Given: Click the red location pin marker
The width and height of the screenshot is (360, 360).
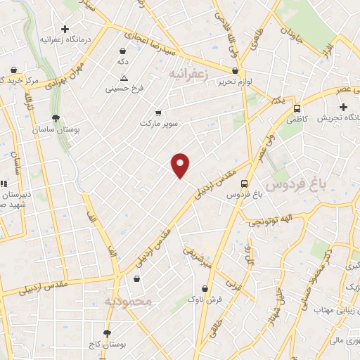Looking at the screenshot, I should click(x=181, y=165).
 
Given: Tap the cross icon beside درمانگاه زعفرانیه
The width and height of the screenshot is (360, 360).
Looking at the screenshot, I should click(x=65, y=30).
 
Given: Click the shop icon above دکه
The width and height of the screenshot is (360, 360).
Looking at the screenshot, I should click(x=123, y=51).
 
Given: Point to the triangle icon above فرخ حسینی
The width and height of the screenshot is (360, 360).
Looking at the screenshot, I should click(x=124, y=78).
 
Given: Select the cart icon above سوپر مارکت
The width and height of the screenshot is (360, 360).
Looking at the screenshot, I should click(x=158, y=112).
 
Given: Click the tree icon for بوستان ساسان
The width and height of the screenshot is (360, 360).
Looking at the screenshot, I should click(x=56, y=118).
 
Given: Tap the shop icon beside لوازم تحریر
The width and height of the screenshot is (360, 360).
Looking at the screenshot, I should click(x=236, y=70).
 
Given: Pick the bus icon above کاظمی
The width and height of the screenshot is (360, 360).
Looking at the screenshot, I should click(x=297, y=109).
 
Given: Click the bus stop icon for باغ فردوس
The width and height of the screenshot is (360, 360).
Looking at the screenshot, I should click(x=244, y=181).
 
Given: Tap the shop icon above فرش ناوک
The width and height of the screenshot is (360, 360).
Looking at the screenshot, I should click(x=205, y=288).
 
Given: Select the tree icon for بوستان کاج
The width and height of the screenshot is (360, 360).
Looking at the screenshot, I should click(x=107, y=333).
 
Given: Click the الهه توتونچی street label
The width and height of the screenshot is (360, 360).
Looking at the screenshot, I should click(x=269, y=222).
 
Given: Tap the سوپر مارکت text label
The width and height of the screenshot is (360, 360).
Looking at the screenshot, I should click(x=156, y=123).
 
